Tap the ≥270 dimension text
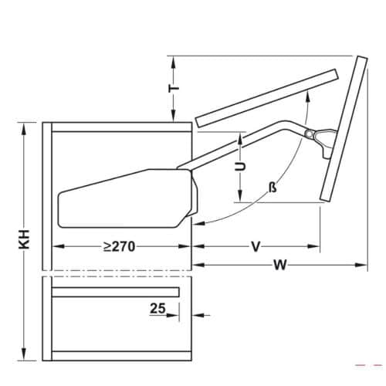tap(119, 247)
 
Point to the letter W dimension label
tap(279, 266)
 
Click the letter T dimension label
tap(174, 89)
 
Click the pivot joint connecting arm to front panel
tap(312, 136)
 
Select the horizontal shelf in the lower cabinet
tap(116, 292)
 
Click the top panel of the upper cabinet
tap(120, 127)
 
